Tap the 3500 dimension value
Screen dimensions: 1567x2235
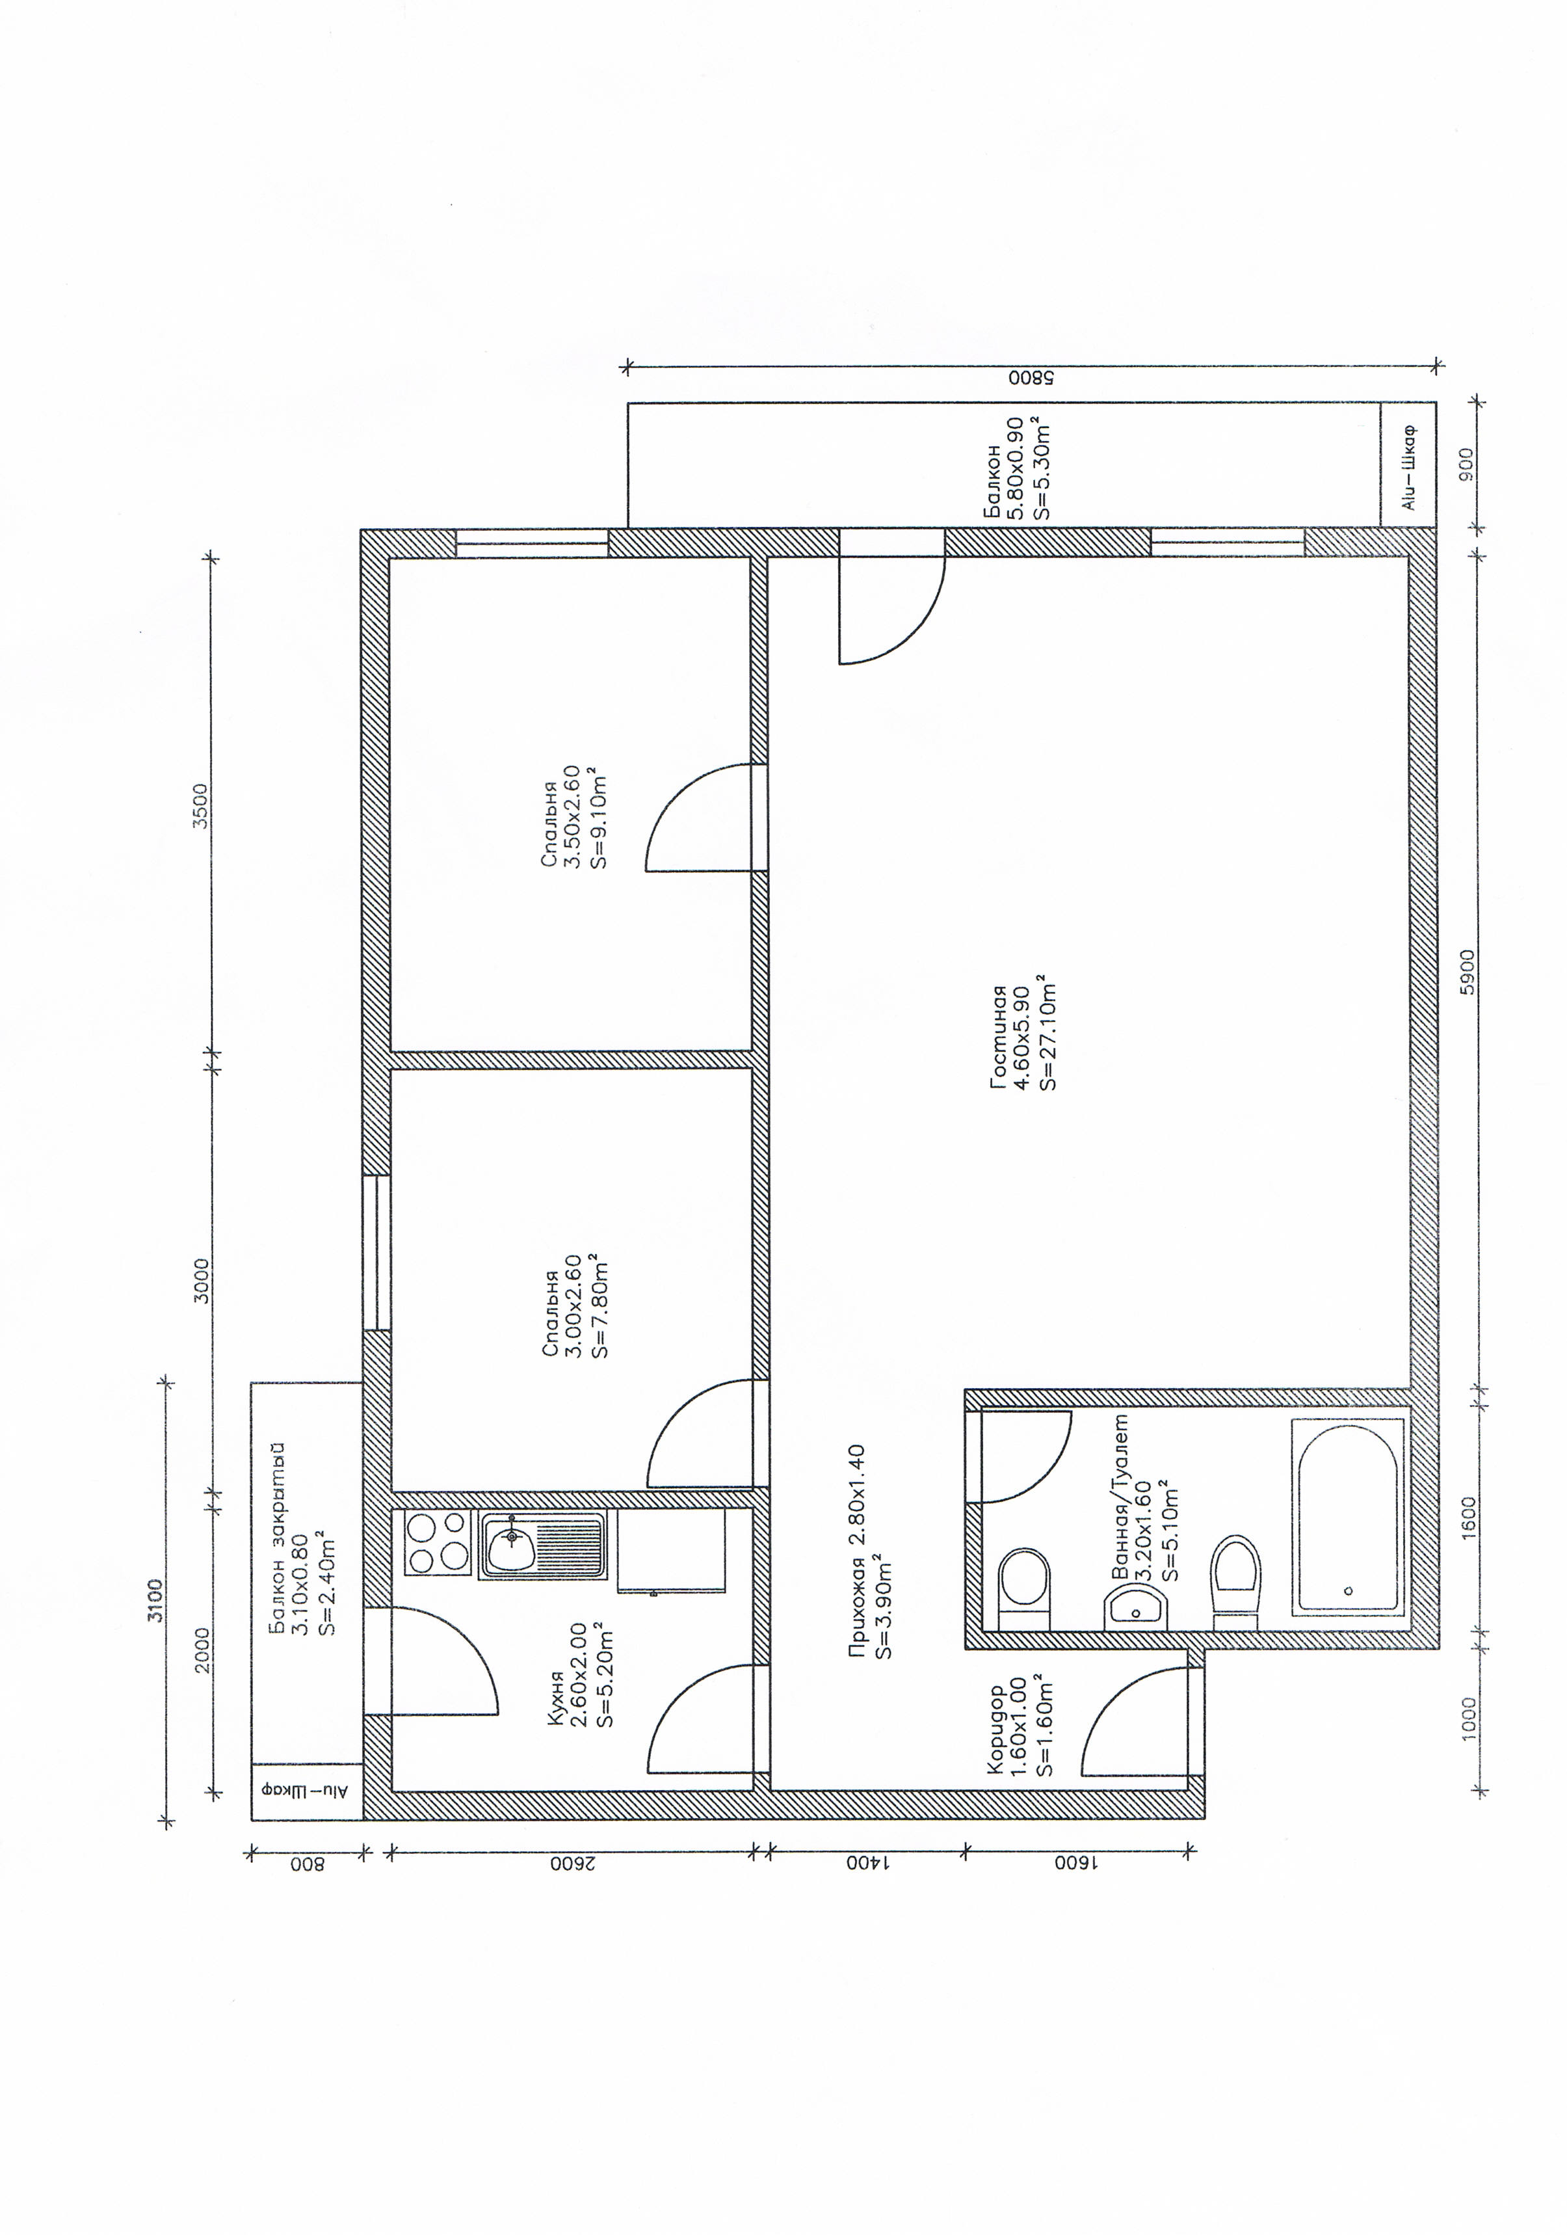tap(202, 805)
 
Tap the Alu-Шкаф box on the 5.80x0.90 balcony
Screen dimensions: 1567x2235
tap(1408, 465)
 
